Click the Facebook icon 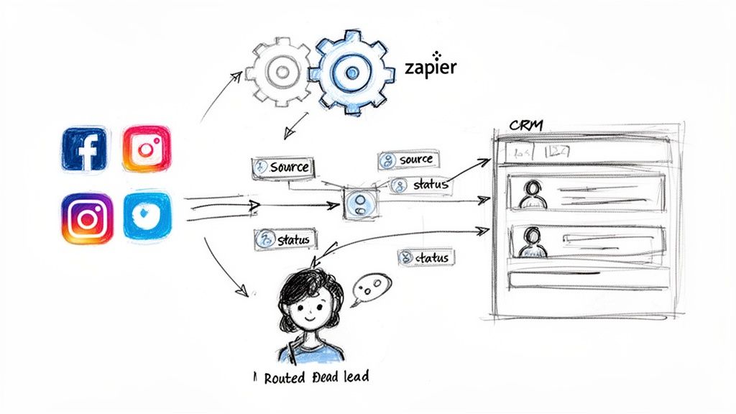click(84, 149)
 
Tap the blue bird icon click(147, 215)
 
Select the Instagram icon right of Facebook click(147, 149)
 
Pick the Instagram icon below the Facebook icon click(87, 218)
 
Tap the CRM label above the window click(525, 126)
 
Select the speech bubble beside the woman click(371, 287)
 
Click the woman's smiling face click(310, 310)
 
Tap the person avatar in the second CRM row click(533, 241)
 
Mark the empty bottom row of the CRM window click(582, 278)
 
